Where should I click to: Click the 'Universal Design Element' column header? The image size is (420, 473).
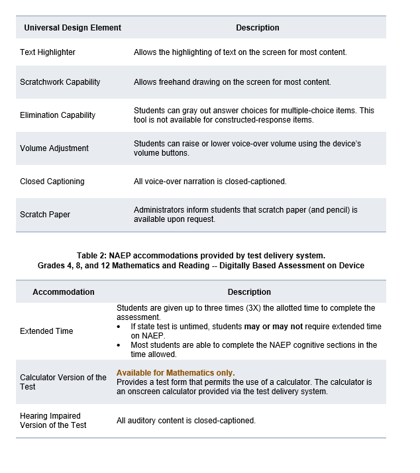pyautogui.click(x=73, y=28)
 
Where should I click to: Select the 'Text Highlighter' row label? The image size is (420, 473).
pyautogui.click(x=48, y=52)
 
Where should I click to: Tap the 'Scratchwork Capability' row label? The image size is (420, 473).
pyautogui.click(x=60, y=82)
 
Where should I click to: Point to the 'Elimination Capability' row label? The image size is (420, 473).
pyautogui.click(x=58, y=115)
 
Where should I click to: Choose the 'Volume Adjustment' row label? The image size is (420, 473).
pyautogui.click(x=54, y=148)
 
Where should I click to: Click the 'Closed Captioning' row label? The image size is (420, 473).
pyautogui.click(x=52, y=182)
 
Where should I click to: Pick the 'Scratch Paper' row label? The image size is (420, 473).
pyautogui.click(x=45, y=215)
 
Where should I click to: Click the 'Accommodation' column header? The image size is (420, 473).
pyautogui.click(x=64, y=292)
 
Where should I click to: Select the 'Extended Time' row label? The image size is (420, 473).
pyautogui.click(x=46, y=331)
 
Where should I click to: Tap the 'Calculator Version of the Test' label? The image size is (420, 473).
pyautogui.click(x=63, y=382)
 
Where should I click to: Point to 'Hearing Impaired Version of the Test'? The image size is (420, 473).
pyautogui.click(x=53, y=420)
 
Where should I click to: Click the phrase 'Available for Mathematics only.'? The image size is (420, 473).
pyautogui.click(x=176, y=373)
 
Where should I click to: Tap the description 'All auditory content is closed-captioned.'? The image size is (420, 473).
pyautogui.click(x=186, y=421)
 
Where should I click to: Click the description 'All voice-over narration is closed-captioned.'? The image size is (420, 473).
pyautogui.click(x=210, y=182)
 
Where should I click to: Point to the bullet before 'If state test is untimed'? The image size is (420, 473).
pyautogui.click(x=119, y=327)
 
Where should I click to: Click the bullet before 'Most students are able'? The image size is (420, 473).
pyautogui.click(x=119, y=345)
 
